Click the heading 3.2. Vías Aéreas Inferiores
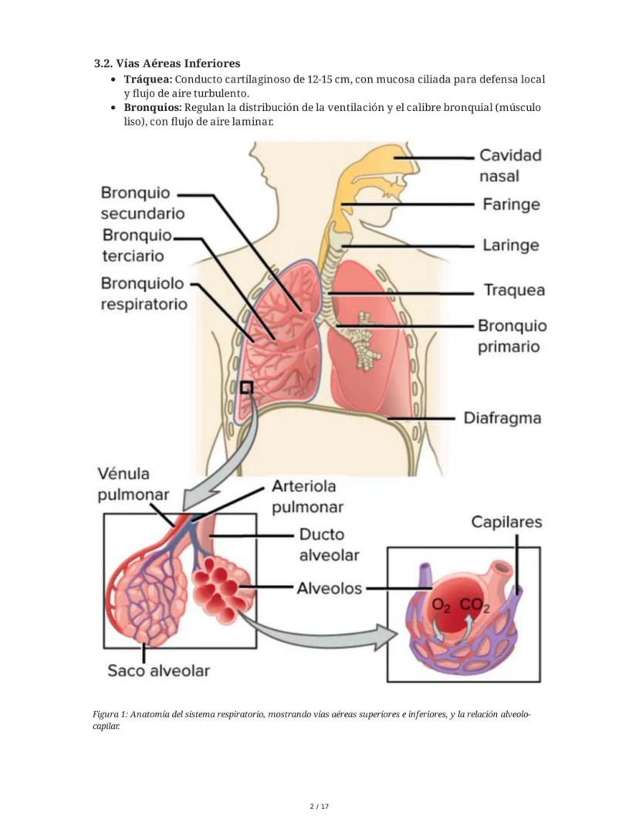pos(167,63)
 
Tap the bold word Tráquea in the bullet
pos(148,79)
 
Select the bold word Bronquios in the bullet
pos(153,107)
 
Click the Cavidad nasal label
pos(510,165)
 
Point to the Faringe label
pos(511,204)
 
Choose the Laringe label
pos(511,245)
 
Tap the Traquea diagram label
pos(514,290)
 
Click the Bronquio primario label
pos(512,336)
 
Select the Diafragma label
pos(502,418)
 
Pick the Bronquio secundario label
pos(142,203)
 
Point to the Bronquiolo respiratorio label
pos(144,294)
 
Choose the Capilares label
pos(506,522)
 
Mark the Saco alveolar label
pos(158,670)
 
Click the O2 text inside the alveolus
pos(441,606)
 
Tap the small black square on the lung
pos(246,388)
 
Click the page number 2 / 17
pos(319,807)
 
